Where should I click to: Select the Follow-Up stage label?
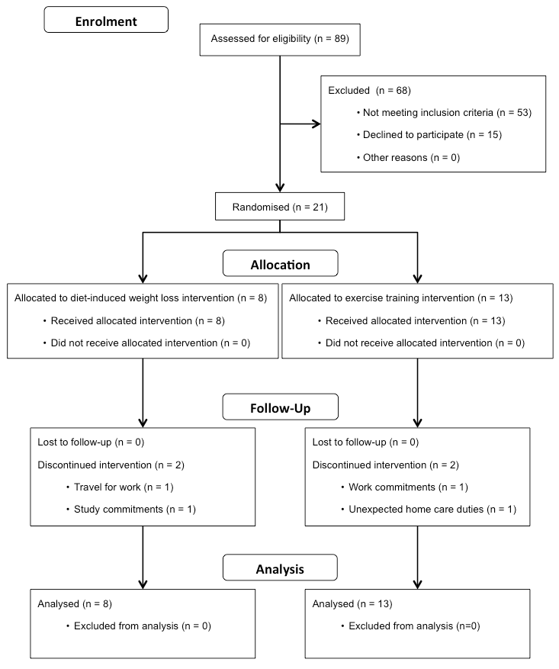pos(280,407)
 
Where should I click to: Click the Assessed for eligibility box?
pos(280,40)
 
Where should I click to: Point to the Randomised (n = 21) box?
pos(280,207)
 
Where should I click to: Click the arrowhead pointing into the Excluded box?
pos(316,124)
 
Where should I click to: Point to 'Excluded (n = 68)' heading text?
pos(369,91)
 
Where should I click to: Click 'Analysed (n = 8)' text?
pos(75,603)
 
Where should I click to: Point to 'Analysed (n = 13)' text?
pos(352,603)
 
